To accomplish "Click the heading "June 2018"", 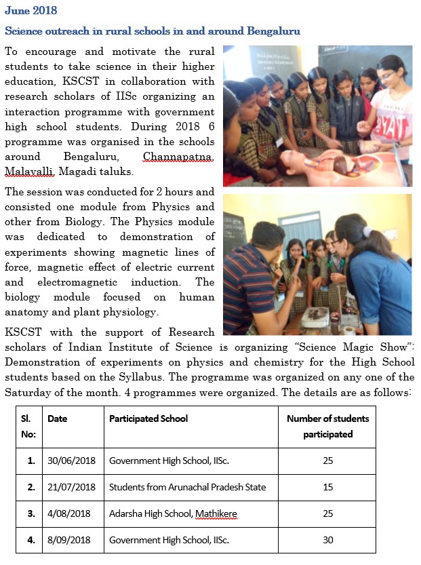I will [x=31, y=11].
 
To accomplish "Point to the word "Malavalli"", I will [x=27, y=171].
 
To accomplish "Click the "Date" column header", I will [x=58, y=418].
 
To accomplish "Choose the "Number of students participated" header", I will [x=327, y=426].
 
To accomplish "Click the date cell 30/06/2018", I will [x=71, y=461].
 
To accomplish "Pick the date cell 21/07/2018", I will [x=71, y=487].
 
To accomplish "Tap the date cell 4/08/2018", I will [x=68, y=513].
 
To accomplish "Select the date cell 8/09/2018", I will [x=68, y=540].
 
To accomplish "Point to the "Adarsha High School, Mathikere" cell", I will [x=173, y=513].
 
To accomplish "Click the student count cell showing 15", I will [x=327, y=487].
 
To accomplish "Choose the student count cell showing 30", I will [x=327, y=540].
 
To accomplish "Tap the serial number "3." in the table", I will [x=31, y=513].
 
